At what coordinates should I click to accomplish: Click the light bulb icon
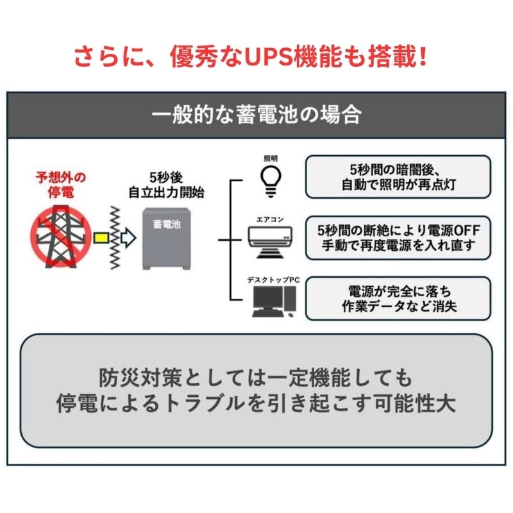[x=271, y=181]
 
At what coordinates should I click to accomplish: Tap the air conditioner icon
[x=270, y=242]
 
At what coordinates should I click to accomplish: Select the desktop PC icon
[x=274, y=301]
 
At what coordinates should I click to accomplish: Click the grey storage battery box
[x=167, y=239]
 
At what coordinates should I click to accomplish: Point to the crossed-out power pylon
[x=60, y=237]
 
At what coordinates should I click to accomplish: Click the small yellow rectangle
[x=101, y=238]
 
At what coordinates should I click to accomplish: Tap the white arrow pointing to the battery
[x=128, y=238]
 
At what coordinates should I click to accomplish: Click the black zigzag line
[x=115, y=238]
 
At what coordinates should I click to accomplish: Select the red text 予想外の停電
[x=61, y=185]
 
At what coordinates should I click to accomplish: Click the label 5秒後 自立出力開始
[x=166, y=185]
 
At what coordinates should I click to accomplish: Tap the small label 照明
[x=271, y=158]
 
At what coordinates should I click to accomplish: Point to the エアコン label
[x=270, y=219]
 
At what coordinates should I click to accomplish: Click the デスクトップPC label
[x=273, y=280]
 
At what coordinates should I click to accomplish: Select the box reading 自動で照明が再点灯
[x=398, y=177]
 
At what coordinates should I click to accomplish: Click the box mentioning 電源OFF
[x=398, y=238]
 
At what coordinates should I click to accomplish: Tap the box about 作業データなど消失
[x=398, y=298]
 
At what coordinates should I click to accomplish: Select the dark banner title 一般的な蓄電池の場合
[x=256, y=115]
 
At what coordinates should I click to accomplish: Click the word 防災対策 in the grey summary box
[x=140, y=378]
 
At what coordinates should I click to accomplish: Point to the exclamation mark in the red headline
[x=423, y=56]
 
